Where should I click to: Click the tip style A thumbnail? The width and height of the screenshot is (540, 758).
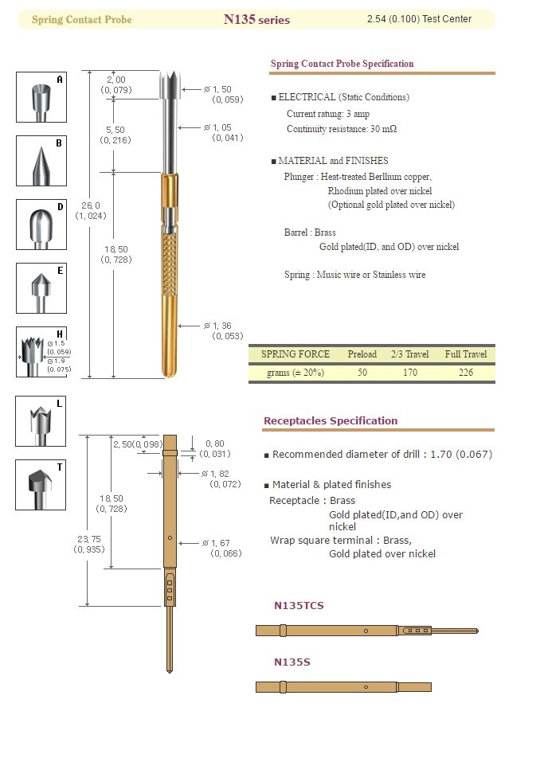point(41,97)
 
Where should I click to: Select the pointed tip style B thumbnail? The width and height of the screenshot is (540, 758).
point(41,161)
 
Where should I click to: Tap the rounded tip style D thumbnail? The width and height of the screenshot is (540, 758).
point(41,225)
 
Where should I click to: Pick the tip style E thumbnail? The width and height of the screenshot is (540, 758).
point(41,288)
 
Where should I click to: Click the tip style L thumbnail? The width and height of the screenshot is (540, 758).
point(41,421)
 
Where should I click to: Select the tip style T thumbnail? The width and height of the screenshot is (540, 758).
point(41,485)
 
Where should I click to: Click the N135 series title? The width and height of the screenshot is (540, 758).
point(256,19)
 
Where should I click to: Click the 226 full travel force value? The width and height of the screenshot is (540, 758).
point(465,372)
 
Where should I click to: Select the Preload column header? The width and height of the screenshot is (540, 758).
point(362,354)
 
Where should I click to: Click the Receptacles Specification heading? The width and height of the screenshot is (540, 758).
point(330,420)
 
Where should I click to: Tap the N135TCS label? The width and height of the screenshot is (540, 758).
point(299,605)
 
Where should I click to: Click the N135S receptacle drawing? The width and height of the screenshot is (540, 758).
point(342,686)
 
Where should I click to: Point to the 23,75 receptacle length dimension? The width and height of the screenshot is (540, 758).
point(89,543)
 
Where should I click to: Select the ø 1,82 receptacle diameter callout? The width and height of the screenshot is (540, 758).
point(221,479)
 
